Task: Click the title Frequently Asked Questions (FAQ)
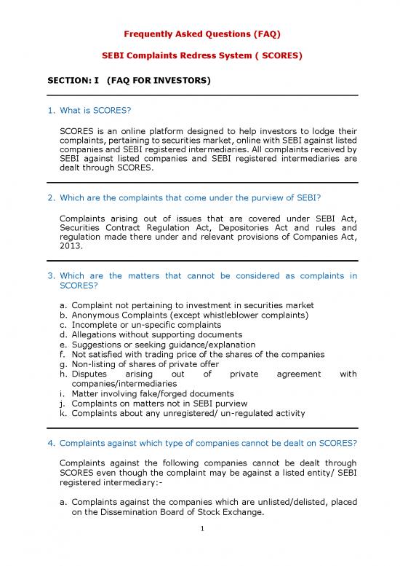[x=200, y=34]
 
